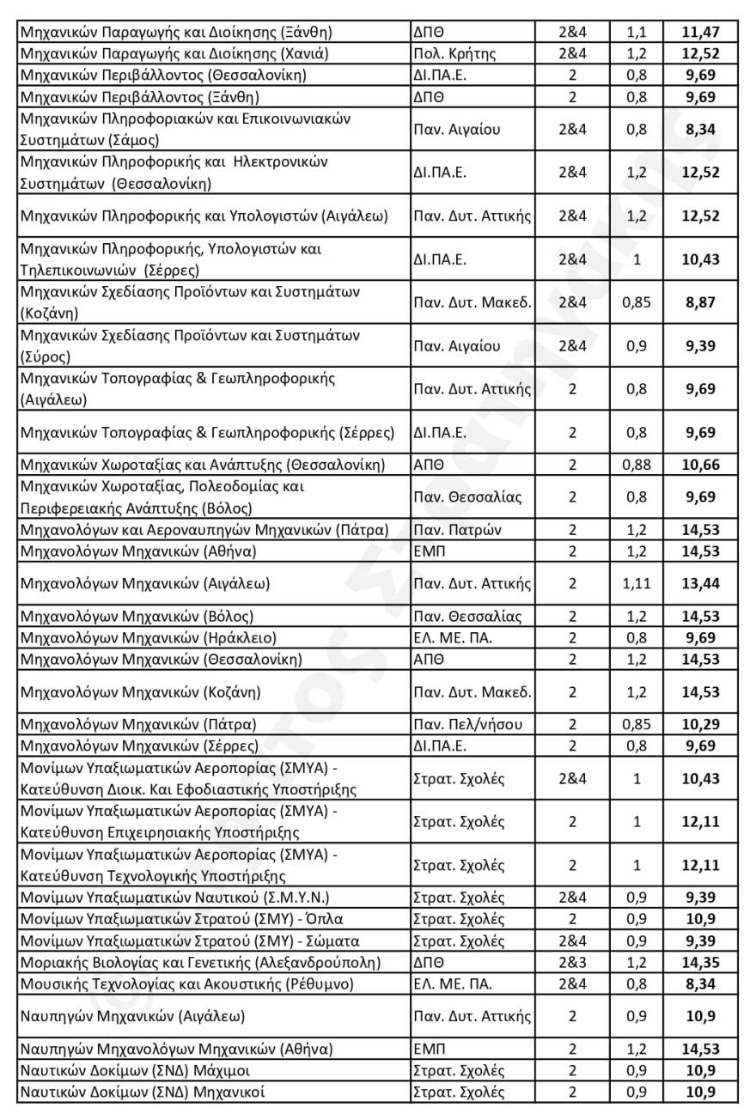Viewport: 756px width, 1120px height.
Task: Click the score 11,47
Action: (x=700, y=33)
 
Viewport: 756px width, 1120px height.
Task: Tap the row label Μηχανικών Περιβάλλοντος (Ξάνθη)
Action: (x=139, y=96)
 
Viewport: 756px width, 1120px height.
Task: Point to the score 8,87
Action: (x=700, y=302)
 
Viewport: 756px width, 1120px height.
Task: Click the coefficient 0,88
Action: (x=636, y=465)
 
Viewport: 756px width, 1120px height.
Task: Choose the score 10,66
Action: (x=700, y=465)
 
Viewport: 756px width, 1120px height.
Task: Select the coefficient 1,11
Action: (x=636, y=584)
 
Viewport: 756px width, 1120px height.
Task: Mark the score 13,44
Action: (x=700, y=584)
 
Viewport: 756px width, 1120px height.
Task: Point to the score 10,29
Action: (x=700, y=724)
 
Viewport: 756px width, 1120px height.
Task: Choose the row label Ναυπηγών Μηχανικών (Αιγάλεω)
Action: (x=131, y=1017)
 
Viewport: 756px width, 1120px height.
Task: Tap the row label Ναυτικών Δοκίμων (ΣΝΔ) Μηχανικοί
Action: (x=142, y=1093)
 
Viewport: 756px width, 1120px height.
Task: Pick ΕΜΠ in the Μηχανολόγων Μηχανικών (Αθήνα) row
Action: (x=430, y=551)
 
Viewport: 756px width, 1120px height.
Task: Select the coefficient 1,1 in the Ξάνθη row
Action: (x=636, y=33)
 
